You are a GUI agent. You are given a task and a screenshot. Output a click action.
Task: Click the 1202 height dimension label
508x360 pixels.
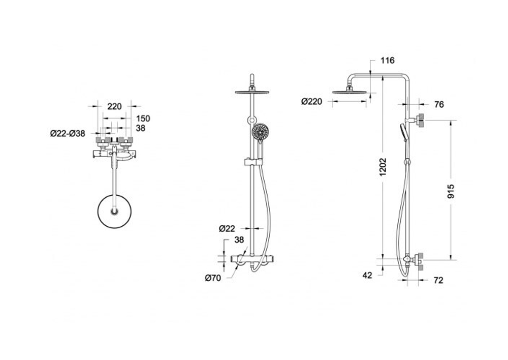tap(383, 167)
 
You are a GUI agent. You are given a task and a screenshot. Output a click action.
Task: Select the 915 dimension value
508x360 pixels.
tap(451, 191)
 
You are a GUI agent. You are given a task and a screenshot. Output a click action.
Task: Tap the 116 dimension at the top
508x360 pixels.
tap(388, 61)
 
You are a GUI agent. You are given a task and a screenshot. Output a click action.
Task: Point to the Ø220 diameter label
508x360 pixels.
tap(312, 102)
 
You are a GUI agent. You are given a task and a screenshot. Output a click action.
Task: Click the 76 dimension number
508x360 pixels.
tap(439, 104)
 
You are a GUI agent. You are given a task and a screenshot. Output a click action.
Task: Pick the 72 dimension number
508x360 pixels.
tap(438, 280)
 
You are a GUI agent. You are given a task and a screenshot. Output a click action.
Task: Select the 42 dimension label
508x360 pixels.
tap(367, 276)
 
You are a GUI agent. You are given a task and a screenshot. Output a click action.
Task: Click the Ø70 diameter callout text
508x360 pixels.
tap(213, 278)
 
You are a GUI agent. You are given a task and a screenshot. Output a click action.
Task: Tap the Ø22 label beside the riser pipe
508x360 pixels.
tap(227, 229)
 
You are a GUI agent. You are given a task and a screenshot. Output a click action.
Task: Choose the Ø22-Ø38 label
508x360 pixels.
tap(68, 133)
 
